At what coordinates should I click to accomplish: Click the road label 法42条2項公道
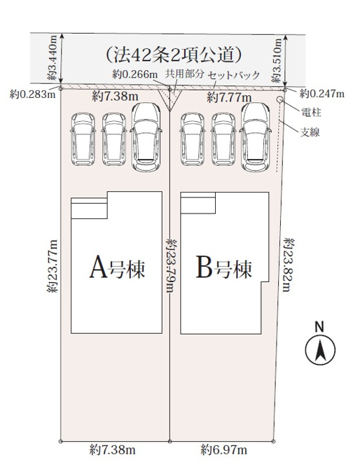174,55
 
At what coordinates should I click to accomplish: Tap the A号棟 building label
117,267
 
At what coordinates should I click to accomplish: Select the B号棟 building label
224,267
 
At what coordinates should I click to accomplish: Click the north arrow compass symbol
320,349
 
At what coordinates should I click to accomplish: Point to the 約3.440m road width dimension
53,58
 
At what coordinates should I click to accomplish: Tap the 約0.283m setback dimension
32,94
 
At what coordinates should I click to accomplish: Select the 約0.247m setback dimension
322,94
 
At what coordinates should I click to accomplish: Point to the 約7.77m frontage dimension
229,98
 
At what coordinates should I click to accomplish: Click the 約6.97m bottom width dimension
224,449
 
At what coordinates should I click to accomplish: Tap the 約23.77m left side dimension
53,266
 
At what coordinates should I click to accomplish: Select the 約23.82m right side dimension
289,265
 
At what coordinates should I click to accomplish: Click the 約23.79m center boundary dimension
170,265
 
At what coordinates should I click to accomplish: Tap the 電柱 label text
311,113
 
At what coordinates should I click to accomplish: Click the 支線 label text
310,132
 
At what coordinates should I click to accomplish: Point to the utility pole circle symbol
279,99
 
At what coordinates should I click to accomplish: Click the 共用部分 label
184,73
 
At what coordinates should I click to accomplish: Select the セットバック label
233,75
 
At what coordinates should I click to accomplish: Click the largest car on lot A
146,137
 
